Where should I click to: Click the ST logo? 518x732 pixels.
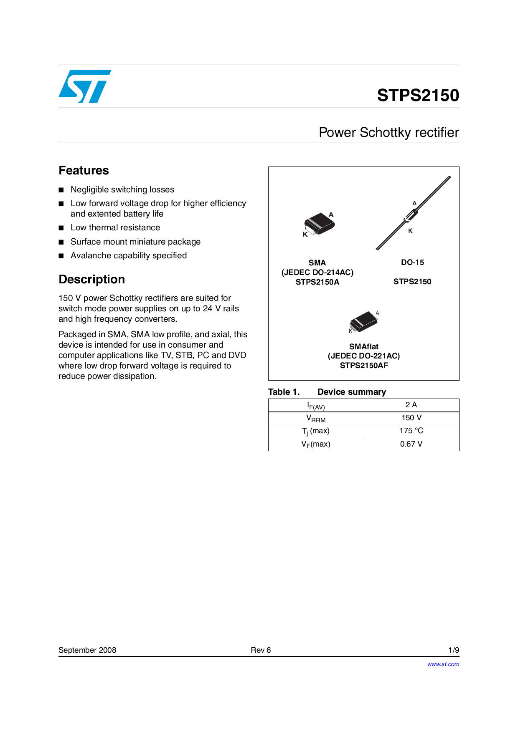tap(85, 86)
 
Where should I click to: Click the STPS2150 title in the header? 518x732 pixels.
tap(418, 95)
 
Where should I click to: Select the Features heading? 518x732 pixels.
tap(84, 170)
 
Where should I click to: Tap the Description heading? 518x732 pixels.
tap(91, 279)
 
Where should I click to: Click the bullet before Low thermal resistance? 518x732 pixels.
tap(61, 228)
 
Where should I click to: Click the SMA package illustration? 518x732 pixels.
tap(319, 224)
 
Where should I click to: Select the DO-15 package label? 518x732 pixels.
tap(412, 263)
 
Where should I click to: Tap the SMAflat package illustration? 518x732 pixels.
tap(364, 321)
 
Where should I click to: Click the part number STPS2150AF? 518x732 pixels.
tap(364, 366)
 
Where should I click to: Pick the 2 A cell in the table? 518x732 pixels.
tap(411, 405)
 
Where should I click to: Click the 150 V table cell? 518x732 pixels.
tap(411, 418)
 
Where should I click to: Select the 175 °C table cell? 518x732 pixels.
tap(411, 431)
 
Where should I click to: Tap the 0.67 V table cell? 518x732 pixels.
tap(411, 444)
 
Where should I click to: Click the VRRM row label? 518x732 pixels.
tap(316, 418)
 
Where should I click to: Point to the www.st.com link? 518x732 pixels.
tap(443, 664)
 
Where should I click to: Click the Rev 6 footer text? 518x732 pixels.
tap(261, 650)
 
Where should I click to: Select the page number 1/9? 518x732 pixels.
tap(454, 650)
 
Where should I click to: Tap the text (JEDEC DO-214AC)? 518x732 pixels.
tap(317, 272)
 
